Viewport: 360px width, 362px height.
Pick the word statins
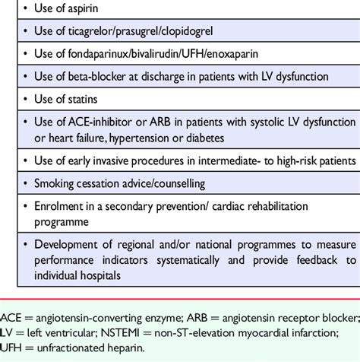coord(95,99)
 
